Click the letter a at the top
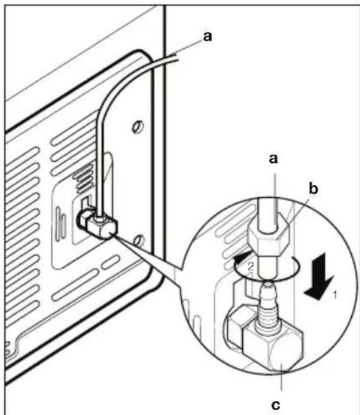coord(207,37)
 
